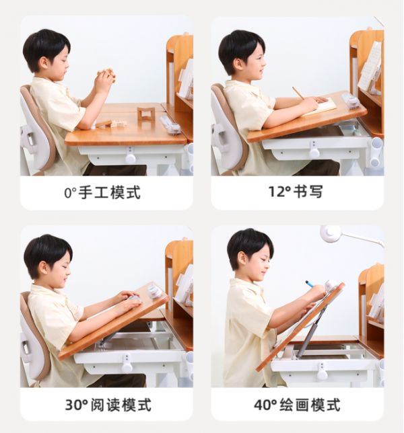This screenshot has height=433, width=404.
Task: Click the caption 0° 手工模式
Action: click(102, 192)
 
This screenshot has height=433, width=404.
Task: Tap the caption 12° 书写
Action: click(296, 192)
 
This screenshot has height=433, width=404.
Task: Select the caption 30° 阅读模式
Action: click(108, 405)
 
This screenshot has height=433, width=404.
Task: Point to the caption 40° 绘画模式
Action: click(297, 405)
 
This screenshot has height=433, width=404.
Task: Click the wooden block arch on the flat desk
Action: click(145, 113)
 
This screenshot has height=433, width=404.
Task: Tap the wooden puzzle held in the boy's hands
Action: click(106, 74)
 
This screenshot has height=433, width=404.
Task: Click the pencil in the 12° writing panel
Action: click(298, 93)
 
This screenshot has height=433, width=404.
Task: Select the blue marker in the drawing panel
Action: click(310, 284)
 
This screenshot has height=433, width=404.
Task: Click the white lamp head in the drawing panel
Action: click(331, 233)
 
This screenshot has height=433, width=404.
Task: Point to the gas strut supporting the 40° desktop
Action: click(310, 330)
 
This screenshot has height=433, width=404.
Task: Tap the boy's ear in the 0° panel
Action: click(44, 63)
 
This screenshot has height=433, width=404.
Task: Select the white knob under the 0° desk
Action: click(130, 158)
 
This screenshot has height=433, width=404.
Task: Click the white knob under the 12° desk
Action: click(314, 153)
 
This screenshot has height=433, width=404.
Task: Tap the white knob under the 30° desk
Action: click(127, 367)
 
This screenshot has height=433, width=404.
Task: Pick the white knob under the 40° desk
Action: click(322, 374)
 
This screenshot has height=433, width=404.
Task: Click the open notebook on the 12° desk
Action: click(319, 107)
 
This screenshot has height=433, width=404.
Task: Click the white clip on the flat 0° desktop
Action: click(170, 126)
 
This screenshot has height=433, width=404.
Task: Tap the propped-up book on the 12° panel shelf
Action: click(370, 68)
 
